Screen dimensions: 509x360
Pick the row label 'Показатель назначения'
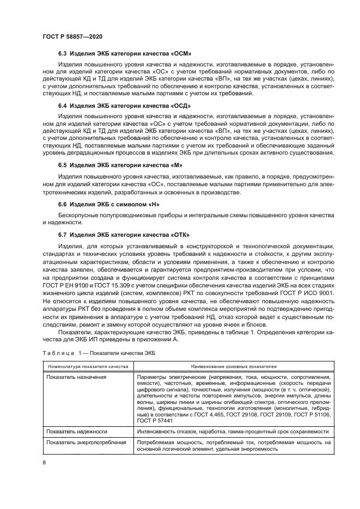pyautogui.click(x=76, y=377)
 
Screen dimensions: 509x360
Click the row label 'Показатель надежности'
pyautogui.click(x=76, y=431)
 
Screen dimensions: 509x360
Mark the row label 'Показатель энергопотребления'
pyautogui.click(x=86, y=443)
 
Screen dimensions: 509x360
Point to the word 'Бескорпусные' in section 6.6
pyautogui.click(x=77, y=216)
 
